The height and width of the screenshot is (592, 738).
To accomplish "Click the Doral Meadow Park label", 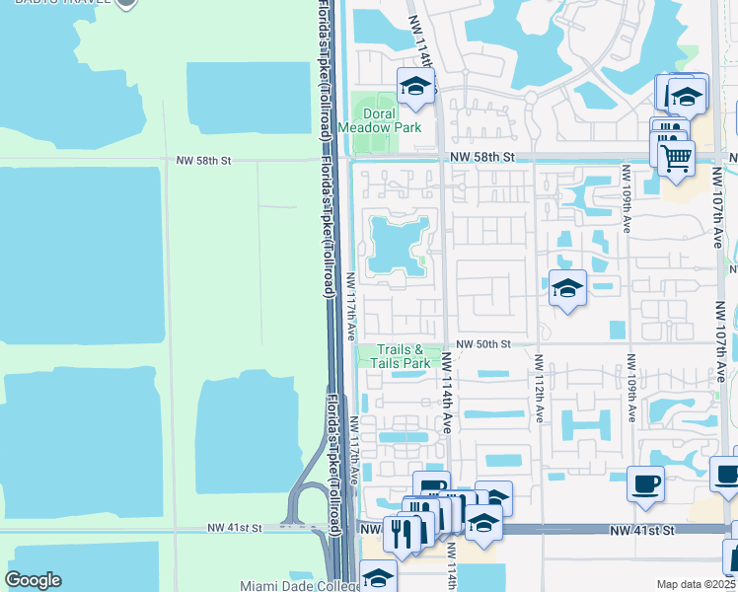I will click(x=380, y=120).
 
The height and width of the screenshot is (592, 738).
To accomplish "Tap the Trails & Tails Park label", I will click(x=400, y=356).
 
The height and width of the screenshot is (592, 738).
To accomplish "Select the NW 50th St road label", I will click(x=483, y=343).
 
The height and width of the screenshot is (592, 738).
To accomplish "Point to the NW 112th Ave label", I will click(x=540, y=389).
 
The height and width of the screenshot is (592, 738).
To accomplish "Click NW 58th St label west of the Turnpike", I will click(x=203, y=159).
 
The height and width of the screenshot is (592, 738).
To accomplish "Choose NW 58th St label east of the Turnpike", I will click(x=483, y=157).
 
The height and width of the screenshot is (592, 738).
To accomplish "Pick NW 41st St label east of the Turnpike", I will click(x=641, y=531).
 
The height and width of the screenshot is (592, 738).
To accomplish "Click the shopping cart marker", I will click(x=676, y=157).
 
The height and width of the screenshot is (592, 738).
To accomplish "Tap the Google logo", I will click(x=33, y=580).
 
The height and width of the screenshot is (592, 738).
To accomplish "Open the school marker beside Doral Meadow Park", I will click(x=416, y=86).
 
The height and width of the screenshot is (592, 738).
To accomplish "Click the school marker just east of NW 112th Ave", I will click(x=567, y=288).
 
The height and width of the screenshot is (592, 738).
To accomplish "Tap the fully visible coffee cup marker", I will click(x=645, y=483).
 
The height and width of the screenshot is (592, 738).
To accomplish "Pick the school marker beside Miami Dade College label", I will click(x=378, y=576).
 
